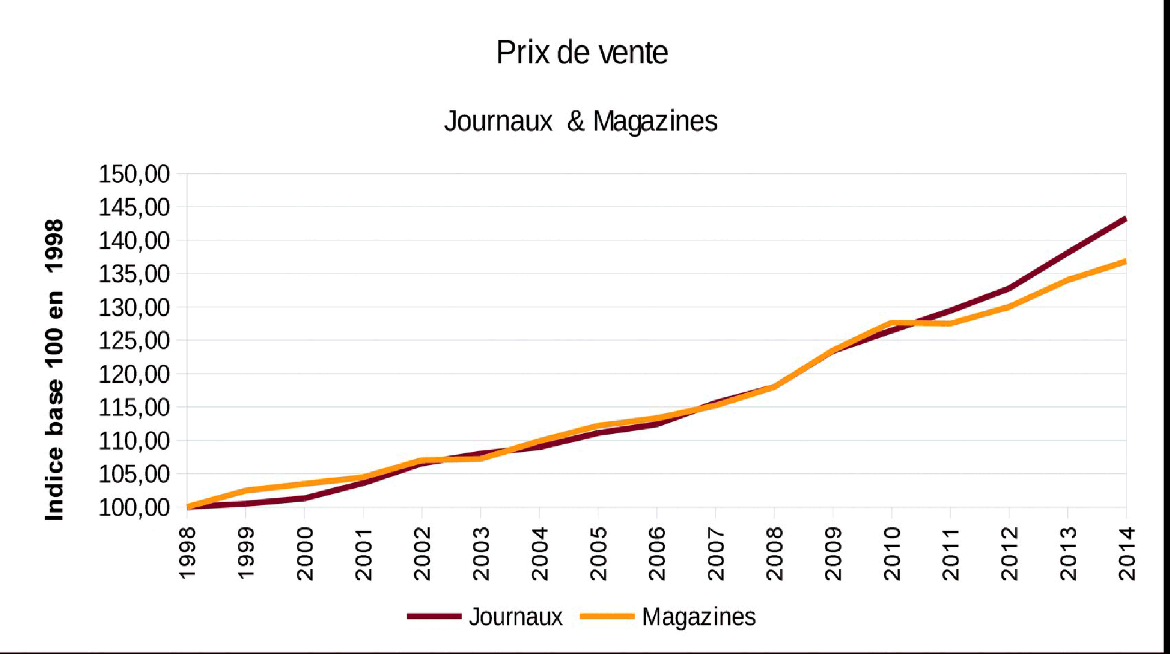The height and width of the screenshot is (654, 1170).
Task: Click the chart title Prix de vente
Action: coord(582,53)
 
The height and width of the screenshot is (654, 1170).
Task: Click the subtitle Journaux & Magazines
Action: coord(581,121)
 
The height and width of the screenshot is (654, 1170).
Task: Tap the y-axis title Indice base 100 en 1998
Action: coord(55,370)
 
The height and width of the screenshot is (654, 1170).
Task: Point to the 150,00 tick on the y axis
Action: coord(134,175)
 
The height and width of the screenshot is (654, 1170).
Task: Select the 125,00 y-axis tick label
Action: coord(134,340)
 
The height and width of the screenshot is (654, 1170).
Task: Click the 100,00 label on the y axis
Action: coord(134,508)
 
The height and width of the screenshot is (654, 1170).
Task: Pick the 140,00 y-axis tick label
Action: coord(134,241)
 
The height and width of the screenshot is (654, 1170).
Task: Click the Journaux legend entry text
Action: coord(515,617)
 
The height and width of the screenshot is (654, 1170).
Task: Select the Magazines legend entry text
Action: coord(699,617)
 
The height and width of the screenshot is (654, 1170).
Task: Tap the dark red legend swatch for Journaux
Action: coord(434,617)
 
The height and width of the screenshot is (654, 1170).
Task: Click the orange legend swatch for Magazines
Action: coord(607,617)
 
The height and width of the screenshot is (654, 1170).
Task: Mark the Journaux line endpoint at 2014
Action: coord(1125,219)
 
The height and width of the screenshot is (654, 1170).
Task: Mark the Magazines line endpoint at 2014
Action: coord(1125,262)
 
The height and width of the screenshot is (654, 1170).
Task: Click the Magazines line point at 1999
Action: coord(246,490)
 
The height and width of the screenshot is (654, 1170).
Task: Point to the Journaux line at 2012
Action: coord(1009,288)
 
